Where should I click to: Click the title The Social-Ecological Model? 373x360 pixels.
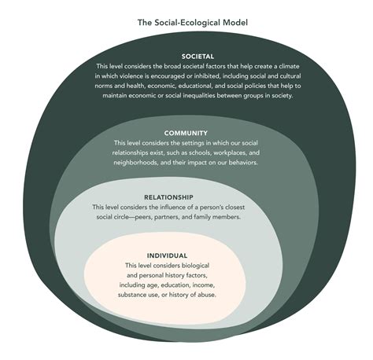186,22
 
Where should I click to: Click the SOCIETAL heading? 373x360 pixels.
186,57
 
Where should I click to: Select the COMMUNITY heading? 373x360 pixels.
186,133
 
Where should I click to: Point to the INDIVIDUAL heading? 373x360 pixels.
167,255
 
